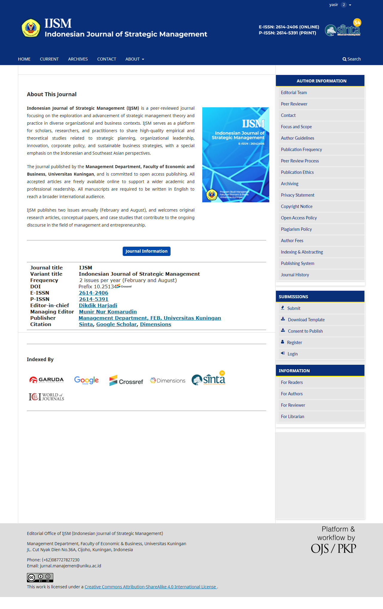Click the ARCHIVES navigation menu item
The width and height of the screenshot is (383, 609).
(x=78, y=59)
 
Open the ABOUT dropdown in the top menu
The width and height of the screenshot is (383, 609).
(x=135, y=59)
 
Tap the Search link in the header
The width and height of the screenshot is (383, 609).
(x=352, y=59)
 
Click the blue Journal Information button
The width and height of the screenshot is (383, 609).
(x=146, y=251)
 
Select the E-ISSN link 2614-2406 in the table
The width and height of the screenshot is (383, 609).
(x=93, y=293)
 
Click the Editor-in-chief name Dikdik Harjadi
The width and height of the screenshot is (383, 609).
(x=98, y=305)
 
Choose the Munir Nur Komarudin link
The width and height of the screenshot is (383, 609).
(x=108, y=312)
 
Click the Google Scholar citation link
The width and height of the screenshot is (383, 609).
(x=116, y=324)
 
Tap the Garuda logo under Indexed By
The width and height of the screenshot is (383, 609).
(x=47, y=380)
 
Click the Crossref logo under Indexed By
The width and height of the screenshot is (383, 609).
(x=126, y=381)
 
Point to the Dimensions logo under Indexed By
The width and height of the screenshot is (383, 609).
(x=168, y=381)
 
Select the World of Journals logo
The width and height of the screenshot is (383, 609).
(x=46, y=397)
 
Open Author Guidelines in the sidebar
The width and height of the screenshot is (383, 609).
(x=297, y=138)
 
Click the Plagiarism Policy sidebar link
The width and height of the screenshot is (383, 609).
(x=296, y=229)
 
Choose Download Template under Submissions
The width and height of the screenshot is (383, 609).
(x=306, y=320)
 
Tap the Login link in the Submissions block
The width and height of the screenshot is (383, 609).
(x=292, y=354)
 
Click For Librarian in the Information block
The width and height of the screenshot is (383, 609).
(x=292, y=417)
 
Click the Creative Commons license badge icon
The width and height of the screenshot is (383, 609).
(x=40, y=577)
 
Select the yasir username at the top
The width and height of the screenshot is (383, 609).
(x=334, y=5)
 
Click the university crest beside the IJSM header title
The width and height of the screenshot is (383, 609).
(x=31, y=28)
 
